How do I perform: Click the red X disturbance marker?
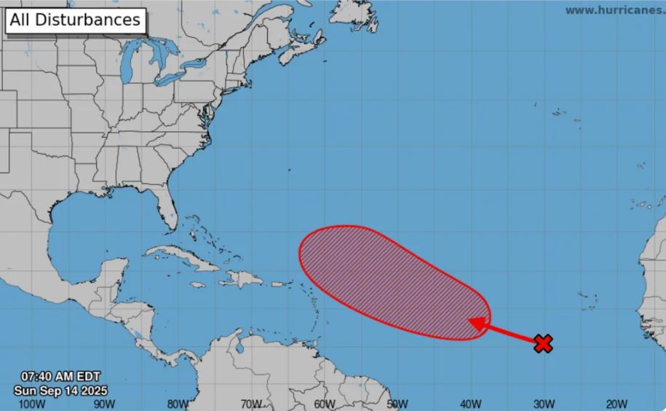tap(542, 343)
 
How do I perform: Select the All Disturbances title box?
tap(76, 20)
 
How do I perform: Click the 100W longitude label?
tap(29, 403)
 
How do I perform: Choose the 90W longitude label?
tap(103, 403)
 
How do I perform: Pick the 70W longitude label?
tap(251, 403)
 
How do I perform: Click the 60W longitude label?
tap(325, 403)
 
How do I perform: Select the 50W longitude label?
tap(398, 403)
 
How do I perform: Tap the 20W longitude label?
tap(617, 403)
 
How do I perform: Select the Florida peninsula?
tap(168, 205)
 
